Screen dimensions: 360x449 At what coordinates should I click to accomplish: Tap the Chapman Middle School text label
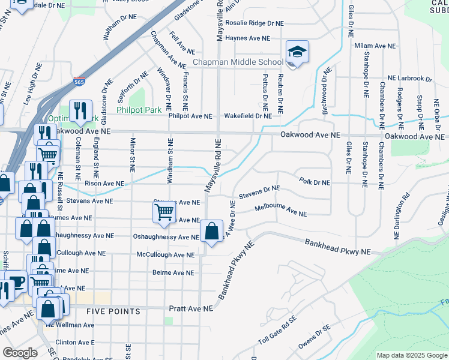coord(238,62)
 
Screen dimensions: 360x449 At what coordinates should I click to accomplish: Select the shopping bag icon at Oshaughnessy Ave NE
coord(211,232)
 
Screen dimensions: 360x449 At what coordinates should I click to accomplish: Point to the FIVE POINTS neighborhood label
coord(113,311)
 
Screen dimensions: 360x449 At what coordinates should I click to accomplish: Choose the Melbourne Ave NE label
coord(280,211)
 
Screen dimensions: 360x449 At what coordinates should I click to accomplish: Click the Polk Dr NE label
coord(314,182)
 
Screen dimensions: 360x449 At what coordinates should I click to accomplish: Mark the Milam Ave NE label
coord(375,46)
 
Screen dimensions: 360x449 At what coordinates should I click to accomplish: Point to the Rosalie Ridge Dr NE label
coord(255,23)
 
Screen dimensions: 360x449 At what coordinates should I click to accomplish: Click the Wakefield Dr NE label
coord(248,116)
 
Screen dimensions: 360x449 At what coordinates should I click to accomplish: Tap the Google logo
coord(20,353)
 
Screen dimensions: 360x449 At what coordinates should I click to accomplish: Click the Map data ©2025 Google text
coord(412,355)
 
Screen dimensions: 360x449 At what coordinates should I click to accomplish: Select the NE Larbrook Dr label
coord(409,78)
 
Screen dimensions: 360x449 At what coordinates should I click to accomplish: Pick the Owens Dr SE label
coord(315,335)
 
